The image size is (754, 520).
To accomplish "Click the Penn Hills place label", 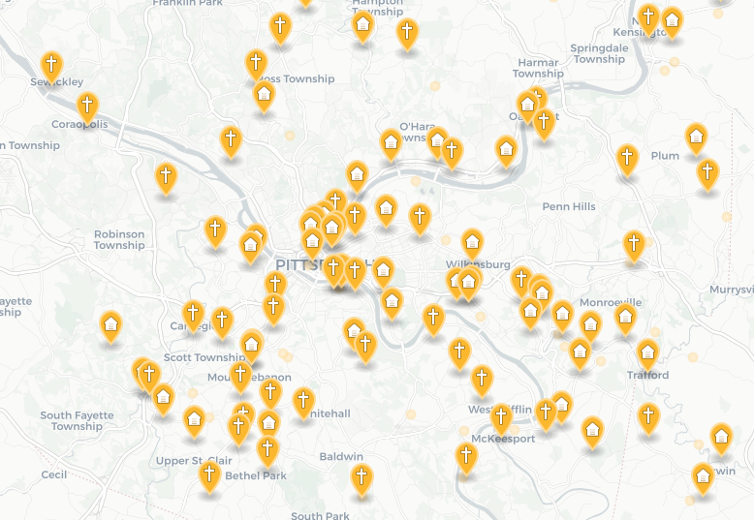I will click(569, 206).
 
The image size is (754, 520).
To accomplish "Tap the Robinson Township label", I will click(119, 240).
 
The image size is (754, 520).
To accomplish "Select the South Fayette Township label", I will click(77, 421).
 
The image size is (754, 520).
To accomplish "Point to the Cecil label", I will click(54, 474).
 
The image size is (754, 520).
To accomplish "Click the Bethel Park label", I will click(256, 475).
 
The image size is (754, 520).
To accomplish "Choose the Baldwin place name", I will click(341, 456).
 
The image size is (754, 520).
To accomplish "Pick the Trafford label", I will click(647, 375).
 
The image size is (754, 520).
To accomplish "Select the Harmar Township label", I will click(538, 68).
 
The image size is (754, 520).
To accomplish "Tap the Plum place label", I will click(665, 156).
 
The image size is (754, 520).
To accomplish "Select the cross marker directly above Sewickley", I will click(52, 65).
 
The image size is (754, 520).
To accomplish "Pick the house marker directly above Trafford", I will click(647, 352).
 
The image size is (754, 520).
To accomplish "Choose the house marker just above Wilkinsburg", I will click(472, 242).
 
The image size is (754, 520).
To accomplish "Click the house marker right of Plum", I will click(696, 138).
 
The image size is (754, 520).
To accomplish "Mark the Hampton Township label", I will click(377, 6).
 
